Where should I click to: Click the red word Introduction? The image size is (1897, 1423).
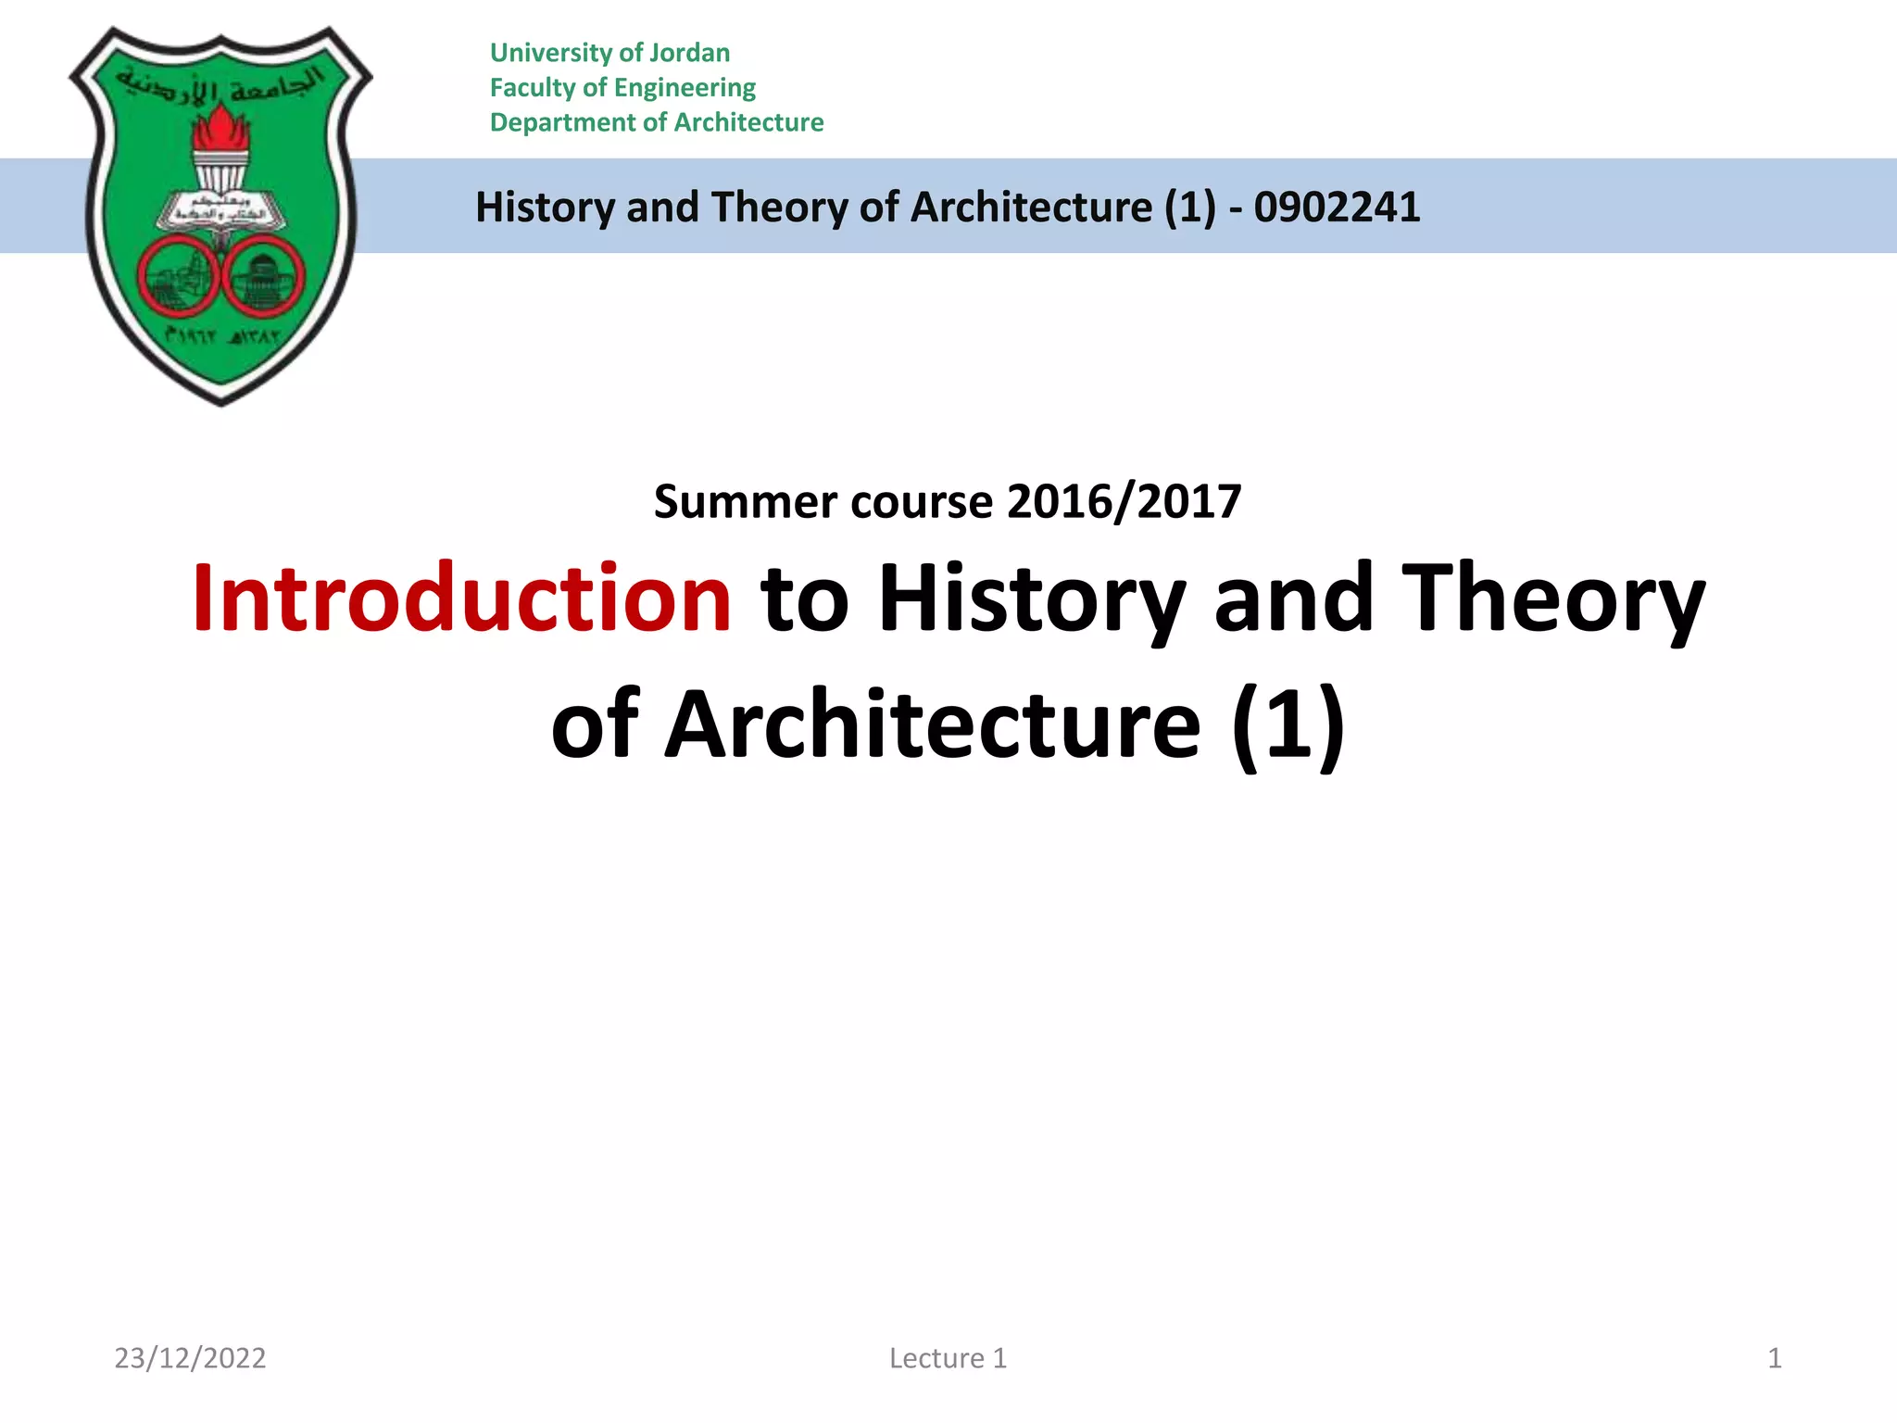coord(461,599)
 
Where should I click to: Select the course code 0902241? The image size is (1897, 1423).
coord(1337,207)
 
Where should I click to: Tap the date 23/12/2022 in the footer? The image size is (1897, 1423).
coord(190,1358)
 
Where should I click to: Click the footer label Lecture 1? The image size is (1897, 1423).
coord(948,1358)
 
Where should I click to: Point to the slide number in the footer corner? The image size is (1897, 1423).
coord(1775,1358)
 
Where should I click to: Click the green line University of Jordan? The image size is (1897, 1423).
coord(609,53)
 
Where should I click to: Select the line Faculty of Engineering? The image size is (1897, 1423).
coord(622,88)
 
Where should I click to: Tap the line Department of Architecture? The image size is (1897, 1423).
coord(657,122)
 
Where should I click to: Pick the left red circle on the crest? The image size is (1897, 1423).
coord(177,278)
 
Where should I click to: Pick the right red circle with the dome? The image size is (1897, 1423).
coord(266,278)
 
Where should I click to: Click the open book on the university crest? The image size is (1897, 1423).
coord(220,211)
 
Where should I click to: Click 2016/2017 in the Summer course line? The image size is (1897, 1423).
coord(1124,502)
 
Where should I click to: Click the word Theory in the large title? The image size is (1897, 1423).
coord(1552,599)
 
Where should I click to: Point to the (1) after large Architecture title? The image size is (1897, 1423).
coord(1288,724)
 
